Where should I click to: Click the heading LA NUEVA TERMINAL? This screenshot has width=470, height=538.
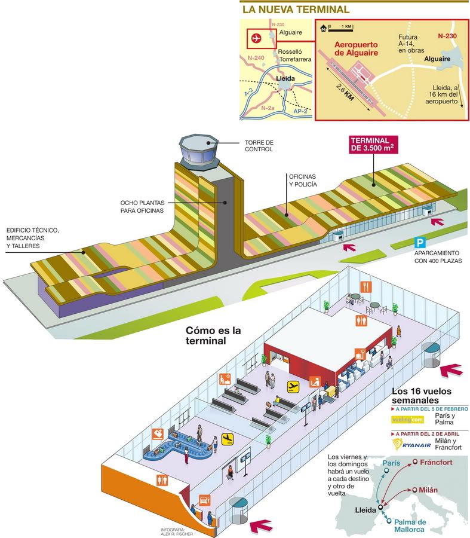pyautogui.click(x=296, y=10)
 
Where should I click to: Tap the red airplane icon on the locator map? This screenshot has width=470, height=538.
pyautogui.click(x=257, y=38)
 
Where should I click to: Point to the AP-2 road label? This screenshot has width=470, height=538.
pyautogui.click(x=301, y=111)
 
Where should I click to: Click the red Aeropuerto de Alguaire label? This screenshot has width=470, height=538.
pyautogui.click(x=356, y=48)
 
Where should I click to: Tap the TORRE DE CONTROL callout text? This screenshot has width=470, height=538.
pyautogui.click(x=259, y=146)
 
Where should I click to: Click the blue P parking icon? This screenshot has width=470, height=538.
pyautogui.click(x=421, y=243)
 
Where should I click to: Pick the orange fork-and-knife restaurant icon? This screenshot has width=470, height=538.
pyautogui.click(x=367, y=286)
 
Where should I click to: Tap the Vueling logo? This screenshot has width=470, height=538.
pyautogui.click(x=406, y=420)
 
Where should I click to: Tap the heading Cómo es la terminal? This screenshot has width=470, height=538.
pyautogui.click(x=206, y=335)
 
